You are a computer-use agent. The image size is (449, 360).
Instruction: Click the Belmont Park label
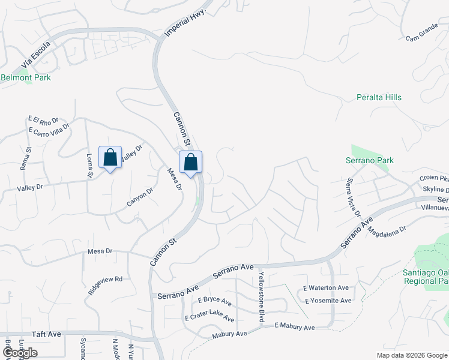click(x=26, y=77)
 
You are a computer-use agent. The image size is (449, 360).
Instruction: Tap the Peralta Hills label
click(x=379, y=97)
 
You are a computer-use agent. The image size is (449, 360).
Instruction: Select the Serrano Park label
click(x=370, y=160)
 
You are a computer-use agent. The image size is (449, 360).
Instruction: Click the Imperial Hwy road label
click(x=185, y=23)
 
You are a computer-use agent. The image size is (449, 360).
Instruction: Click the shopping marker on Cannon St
click(x=190, y=162)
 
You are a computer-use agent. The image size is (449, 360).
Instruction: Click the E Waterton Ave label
click(x=326, y=288)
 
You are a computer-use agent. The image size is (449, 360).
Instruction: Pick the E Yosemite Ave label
click(x=328, y=301)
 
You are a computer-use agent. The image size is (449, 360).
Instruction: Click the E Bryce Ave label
click(x=208, y=299)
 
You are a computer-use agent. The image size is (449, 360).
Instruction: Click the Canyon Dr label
click(x=140, y=197)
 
